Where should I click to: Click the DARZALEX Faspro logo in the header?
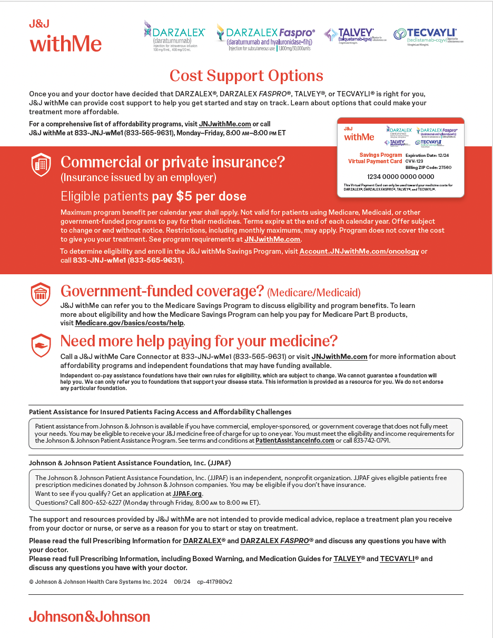(266, 36)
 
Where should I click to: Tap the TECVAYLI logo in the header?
(427, 35)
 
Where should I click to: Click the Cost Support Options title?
(246, 76)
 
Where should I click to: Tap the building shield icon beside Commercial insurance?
(41, 165)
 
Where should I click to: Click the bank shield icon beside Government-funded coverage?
(41, 294)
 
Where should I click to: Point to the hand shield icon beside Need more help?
(41, 345)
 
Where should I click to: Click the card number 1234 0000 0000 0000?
(400, 177)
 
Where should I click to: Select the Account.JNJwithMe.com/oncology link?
(359, 252)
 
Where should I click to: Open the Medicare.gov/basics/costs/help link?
(130, 323)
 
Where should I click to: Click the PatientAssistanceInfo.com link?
(295, 441)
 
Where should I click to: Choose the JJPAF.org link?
(187, 494)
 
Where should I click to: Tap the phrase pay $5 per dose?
(199, 197)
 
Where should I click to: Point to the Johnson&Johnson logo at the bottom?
(90, 616)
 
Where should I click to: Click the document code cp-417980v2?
(214, 582)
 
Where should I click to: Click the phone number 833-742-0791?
(371, 441)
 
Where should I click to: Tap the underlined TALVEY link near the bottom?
(347, 559)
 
